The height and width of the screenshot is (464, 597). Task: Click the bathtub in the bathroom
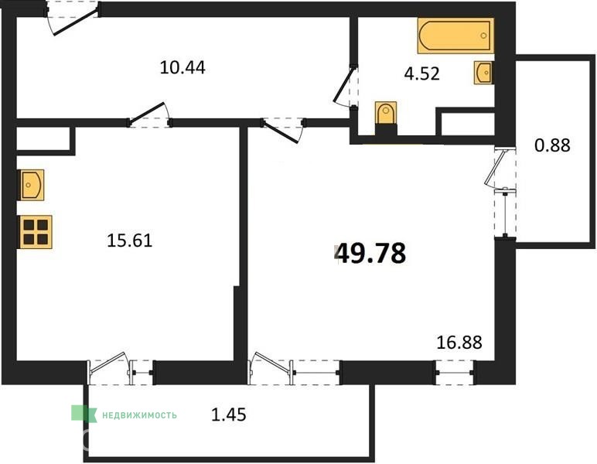[455, 36]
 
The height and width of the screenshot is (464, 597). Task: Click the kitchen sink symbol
[31, 185]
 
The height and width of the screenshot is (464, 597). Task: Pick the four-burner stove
[35, 232]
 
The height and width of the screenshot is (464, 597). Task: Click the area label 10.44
[183, 68]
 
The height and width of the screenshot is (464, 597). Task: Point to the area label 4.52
[422, 73]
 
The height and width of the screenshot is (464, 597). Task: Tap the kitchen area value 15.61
[130, 241]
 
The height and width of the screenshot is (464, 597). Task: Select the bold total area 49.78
[372, 254]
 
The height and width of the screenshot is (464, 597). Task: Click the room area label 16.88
[459, 342]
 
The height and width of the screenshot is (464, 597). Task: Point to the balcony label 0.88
[552, 145]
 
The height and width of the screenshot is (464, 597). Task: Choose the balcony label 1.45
[228, 415]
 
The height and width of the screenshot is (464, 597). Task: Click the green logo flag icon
[84, 414]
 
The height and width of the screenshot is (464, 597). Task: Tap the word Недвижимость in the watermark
[140, 415]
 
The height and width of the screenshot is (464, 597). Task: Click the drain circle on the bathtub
[483, 36]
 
